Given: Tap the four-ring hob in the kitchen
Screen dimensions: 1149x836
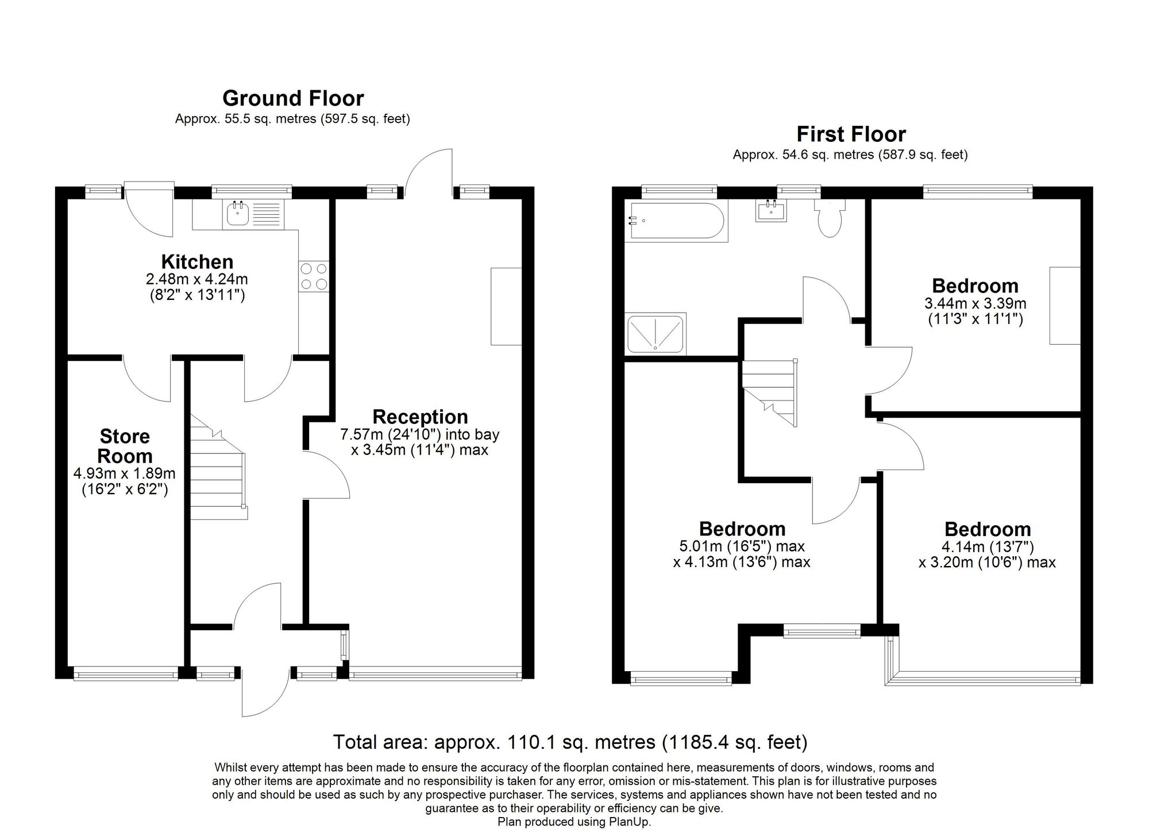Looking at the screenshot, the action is [x=314, y=276].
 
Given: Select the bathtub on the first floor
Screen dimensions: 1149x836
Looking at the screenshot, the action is [x=676, y=221].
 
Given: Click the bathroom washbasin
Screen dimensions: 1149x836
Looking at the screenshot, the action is [x=771, y=210].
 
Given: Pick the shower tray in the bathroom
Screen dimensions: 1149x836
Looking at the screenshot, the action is [x=656, y=333].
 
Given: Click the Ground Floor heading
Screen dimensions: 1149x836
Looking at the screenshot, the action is [x=293, y=98].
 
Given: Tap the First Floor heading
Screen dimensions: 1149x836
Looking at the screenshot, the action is [x=851, y=134].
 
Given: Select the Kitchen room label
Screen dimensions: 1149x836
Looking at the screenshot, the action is [x=197, y=262].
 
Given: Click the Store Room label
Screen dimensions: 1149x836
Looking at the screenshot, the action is [x=125, y=446].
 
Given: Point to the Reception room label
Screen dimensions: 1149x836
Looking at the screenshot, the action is [x=420, y=417].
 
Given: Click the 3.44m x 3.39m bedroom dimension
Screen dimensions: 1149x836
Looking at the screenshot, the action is [x=976, y=303].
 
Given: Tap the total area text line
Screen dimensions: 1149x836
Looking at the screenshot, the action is [x=570, y=742].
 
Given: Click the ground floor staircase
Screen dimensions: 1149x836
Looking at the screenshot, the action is [x=219, y=467].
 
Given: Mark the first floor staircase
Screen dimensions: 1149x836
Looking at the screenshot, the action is [x=769, y=393].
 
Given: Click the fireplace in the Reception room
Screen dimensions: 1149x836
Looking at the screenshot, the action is [x=506, y=306].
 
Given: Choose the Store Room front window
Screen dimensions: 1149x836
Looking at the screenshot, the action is [x=126, y=673].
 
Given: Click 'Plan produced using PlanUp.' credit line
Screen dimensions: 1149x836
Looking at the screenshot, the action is [x=574, y=822].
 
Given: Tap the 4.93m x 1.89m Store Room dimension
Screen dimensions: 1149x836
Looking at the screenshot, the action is [x=125, y=474].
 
